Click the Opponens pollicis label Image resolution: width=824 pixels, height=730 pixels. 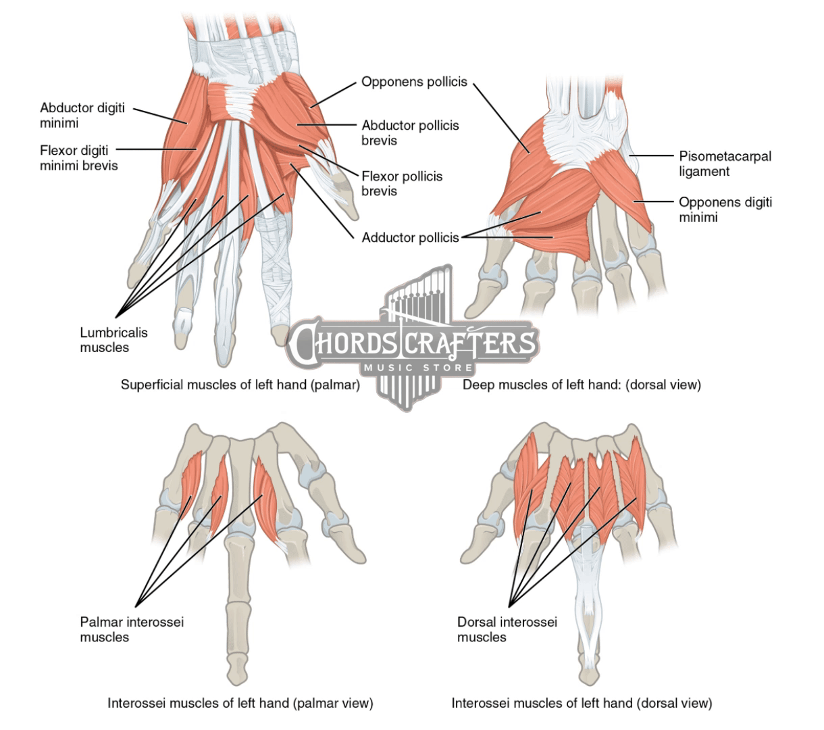(x=414, y=82)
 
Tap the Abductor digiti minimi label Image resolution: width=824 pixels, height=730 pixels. (x=82, y=115)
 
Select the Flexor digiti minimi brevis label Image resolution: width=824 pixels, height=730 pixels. (x=78, y=157)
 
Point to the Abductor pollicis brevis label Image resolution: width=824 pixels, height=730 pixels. (x=410, y=132)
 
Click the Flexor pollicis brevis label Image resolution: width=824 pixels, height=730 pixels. (x=402, y=183)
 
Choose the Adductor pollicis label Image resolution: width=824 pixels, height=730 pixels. (x=410, y=237)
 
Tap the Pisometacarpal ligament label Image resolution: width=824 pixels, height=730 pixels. (x=724, y=163)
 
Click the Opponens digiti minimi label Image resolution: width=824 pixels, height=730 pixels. (x=725, y=209)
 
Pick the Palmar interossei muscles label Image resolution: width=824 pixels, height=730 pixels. (x=131, y=629)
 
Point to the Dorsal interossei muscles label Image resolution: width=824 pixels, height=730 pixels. (x=507, y=629)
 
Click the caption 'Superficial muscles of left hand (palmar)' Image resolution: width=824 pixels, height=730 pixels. (x=239, y=385)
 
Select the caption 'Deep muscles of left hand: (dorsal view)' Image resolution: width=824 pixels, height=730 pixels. (x=582, y=385)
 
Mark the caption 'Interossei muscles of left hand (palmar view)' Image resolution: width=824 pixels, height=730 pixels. (x=240, y=703)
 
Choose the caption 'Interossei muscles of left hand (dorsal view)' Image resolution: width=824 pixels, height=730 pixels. (x=582, y=703)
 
